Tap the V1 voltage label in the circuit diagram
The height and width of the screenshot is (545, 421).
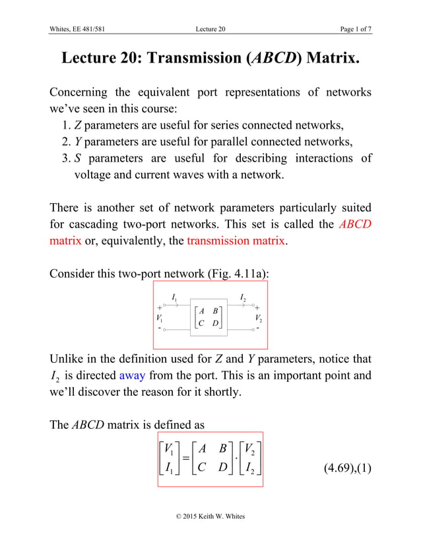[x=160, y=318]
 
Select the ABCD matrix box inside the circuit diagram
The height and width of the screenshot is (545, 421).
[x=209, y=317]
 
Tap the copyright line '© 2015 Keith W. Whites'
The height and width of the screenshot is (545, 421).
[x=210, y=516]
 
